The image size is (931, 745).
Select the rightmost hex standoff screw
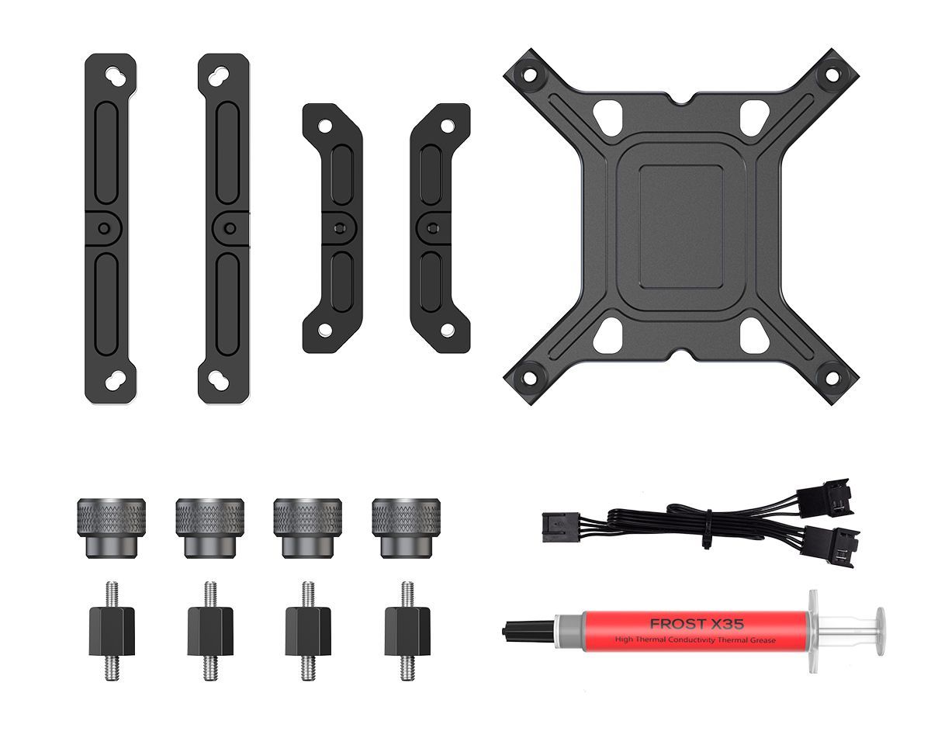coord(407,630)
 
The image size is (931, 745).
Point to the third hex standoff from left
coord(308,630)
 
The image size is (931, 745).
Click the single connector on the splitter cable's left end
coord(558,526)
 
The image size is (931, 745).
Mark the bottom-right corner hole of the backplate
coord(831,379)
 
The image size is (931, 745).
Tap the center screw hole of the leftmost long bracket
coord(104,228)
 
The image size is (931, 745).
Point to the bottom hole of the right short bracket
coord(447,330)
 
